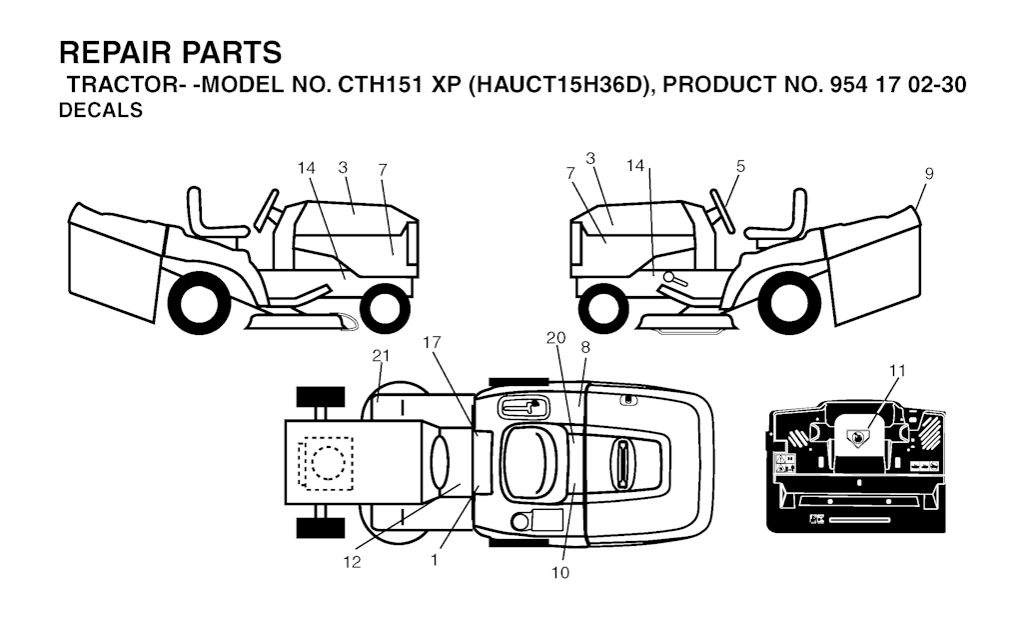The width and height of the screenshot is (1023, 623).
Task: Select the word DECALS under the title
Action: [101, 110]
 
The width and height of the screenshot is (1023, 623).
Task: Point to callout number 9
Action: [928, 174]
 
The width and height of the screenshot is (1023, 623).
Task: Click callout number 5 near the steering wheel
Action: [740, 167]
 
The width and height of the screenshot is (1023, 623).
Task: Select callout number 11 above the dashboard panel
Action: [898, 371]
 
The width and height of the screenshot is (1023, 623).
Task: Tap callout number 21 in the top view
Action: [381, 356]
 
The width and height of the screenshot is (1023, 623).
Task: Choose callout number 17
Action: [432, 342]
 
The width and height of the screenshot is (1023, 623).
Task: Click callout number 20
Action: [555, 338]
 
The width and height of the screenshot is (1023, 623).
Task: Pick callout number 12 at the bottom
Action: [352, 562]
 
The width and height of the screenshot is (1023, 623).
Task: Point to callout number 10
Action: [559, 573]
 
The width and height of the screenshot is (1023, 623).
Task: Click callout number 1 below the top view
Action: [435, 560]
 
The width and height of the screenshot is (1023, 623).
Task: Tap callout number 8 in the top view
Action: [585, 347]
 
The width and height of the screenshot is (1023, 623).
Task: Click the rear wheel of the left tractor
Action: [195, 304]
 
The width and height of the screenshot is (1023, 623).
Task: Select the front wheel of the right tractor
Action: [603, 308]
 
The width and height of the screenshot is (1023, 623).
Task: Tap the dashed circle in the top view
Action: [328, 463]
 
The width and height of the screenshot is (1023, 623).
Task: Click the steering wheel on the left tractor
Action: [268, 210]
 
